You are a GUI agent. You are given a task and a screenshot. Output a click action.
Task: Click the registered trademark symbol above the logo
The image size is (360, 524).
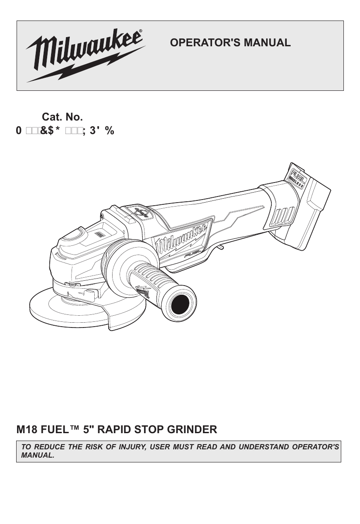point(141,31)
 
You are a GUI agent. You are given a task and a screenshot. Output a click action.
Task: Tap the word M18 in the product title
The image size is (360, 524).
point(27,430)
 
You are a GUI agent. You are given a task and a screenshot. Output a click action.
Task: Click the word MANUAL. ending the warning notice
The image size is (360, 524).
point(35,455)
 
